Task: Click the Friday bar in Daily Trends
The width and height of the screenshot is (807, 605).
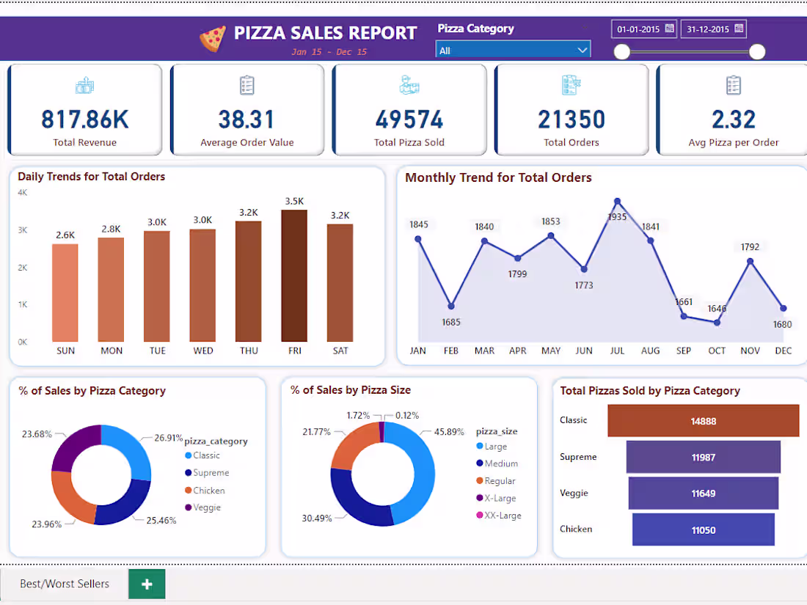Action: coord(294,276)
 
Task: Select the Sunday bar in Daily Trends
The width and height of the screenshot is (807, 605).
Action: coord(65,293)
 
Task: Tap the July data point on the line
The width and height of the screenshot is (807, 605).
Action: coord(618,202)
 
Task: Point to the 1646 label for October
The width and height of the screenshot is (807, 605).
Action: coord(717,309)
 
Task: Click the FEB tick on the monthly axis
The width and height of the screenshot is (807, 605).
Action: coord(451,351)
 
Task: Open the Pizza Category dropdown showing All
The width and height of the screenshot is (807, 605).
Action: coord(513,51)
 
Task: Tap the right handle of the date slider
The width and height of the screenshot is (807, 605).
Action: coord(757,51)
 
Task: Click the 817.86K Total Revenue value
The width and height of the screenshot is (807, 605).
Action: coord(84,119)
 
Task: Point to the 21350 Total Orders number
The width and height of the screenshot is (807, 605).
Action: coord(571,119)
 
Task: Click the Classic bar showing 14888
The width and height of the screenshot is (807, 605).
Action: coord(703,421)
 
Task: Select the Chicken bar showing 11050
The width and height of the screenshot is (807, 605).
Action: coord(703,529)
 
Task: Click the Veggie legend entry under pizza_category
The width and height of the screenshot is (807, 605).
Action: coord(206,507)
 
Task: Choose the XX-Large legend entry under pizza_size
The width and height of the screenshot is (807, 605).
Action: coord(502,516)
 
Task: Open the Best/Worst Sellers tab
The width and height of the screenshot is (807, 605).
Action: coord(65,584)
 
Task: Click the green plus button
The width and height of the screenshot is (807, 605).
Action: coord(147,584)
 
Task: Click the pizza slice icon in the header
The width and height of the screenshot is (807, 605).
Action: coord(213,38)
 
